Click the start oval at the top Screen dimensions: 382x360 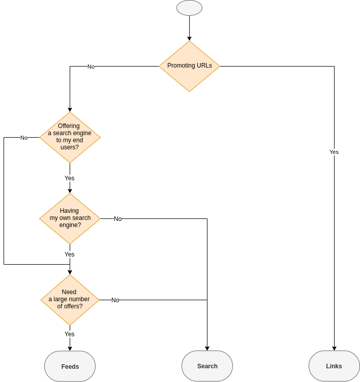(189, 8)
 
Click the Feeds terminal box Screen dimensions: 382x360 (70, 366)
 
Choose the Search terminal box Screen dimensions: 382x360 (207, 366)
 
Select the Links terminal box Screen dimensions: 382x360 (334, 366)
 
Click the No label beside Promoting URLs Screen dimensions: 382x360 (91, 67)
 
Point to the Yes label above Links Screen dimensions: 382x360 (334, 152)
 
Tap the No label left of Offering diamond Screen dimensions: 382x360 (24, 138)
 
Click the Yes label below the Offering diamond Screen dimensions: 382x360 (70, 178)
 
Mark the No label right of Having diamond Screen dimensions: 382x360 (117, 219)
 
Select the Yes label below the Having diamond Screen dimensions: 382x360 (70, 254)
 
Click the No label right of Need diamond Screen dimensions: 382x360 (115, 300)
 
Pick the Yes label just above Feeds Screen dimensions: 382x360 (70, 334)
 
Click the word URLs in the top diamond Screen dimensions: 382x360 (204, 66)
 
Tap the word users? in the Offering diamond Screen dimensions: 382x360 (70, 147)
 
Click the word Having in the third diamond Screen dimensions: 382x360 (69, 211)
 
